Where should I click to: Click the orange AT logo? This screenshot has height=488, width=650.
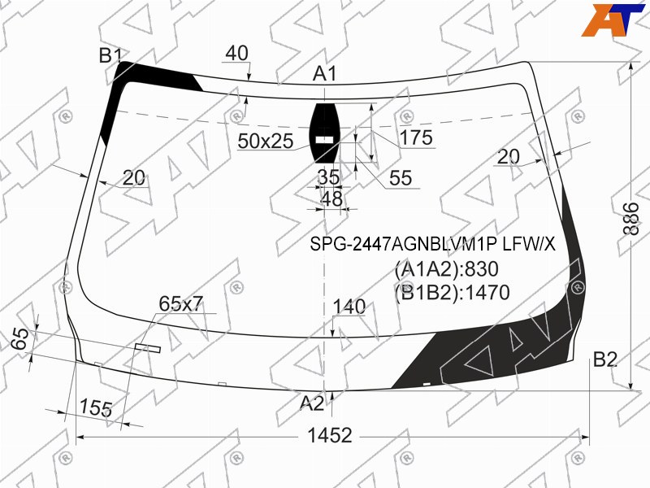coord(613,20)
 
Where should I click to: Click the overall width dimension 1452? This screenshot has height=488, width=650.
coord(330,436)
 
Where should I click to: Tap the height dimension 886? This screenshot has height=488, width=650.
coord(632,219)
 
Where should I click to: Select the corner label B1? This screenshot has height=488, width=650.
coord(110,55)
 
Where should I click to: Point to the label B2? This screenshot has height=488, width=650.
coord(605,359)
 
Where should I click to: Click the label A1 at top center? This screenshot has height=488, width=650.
coord(324,73)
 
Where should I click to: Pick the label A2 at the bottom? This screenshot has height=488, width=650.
coord(312,403)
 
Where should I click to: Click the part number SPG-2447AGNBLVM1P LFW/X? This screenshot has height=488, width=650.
coord(432,245)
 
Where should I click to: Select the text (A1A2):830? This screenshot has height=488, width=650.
coord(446,269)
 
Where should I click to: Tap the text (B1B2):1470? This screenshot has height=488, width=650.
coord(452,293)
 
